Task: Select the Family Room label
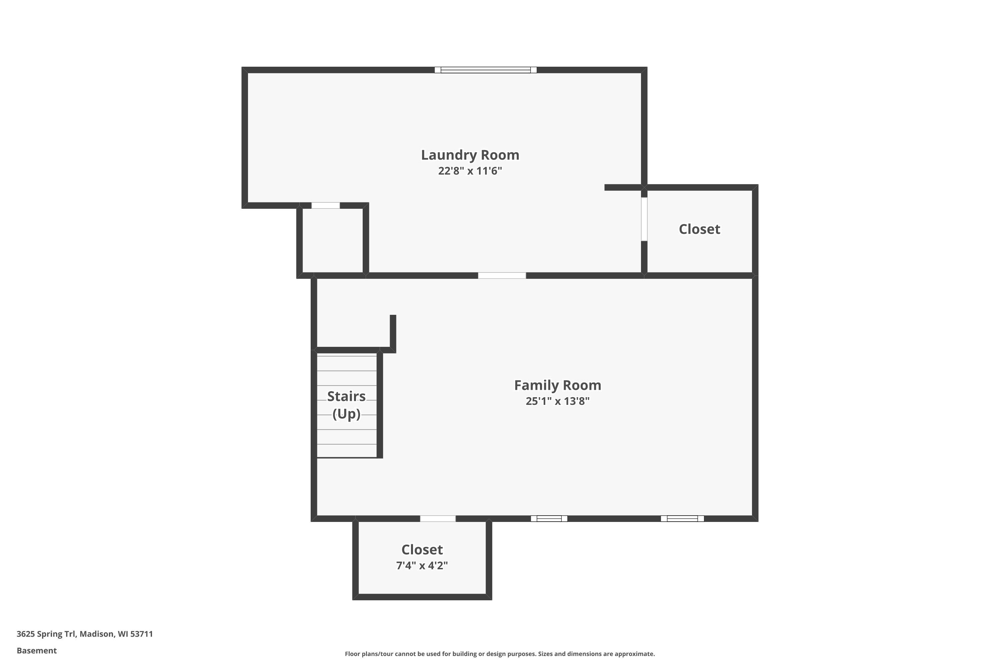pyautogui.click(x=557, y=386)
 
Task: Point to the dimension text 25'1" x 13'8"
pyautogui.click(x=557, y=401)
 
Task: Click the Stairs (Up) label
pyautogui.click(x=347, y=405)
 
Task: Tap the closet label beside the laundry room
pyautogui.click(x=699, y=229)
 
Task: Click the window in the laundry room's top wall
pyautogui.click(x=486, y=70)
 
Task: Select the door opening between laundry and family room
pyautogui.click(x=502, y=276)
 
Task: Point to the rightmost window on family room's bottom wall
pyautogui.click(x=682, y=519)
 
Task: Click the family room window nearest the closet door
pyautogui.click(x=549, y=519)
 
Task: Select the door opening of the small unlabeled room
pyautogui.click(x=326, y=206)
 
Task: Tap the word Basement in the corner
pyautogui.click(x=37, y=650)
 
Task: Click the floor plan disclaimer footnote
pyautogui.click(x=500, y=654)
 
